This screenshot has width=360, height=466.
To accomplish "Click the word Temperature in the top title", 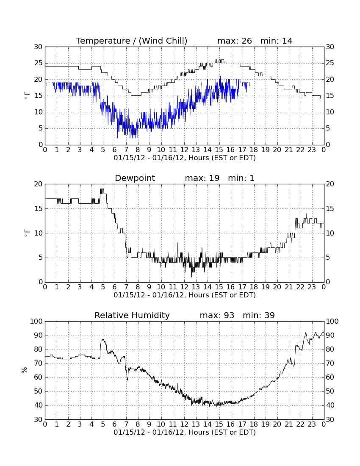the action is (x=103, y=41).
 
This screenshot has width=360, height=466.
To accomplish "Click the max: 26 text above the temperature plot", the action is (x=235, y=41).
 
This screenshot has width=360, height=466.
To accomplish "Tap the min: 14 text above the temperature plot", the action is (x=276, y=41).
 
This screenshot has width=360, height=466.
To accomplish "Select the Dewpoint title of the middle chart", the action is (x=135, y=178).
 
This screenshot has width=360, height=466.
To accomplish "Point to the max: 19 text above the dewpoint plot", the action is (x=202, y=178).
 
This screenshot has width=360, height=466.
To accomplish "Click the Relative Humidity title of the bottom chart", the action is (x=132, y=315).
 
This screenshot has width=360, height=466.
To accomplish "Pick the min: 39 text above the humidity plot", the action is (x=259, y=315).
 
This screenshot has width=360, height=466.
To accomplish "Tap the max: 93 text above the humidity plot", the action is (x=217, y=315).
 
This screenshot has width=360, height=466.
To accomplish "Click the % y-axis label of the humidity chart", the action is (x=25, y=370).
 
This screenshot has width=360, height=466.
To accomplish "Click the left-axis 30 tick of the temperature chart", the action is (x=38, y=47).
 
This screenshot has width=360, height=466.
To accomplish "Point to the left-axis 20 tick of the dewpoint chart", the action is (x=38, y=184).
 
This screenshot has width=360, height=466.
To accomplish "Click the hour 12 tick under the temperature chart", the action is (x=184, y=150).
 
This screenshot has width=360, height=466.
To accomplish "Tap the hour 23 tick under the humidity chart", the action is (x=312, y=424).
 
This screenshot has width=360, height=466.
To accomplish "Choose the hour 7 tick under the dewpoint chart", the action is (x=126, y=287).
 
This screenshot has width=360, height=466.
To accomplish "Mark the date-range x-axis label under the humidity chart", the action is (x=185, y=432).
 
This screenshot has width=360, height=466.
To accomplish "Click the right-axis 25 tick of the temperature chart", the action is (x=330, y=63).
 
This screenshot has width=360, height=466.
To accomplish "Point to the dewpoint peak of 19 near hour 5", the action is (x=102, y=189).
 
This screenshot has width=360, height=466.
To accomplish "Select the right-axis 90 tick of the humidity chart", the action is (x=330, y=335).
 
